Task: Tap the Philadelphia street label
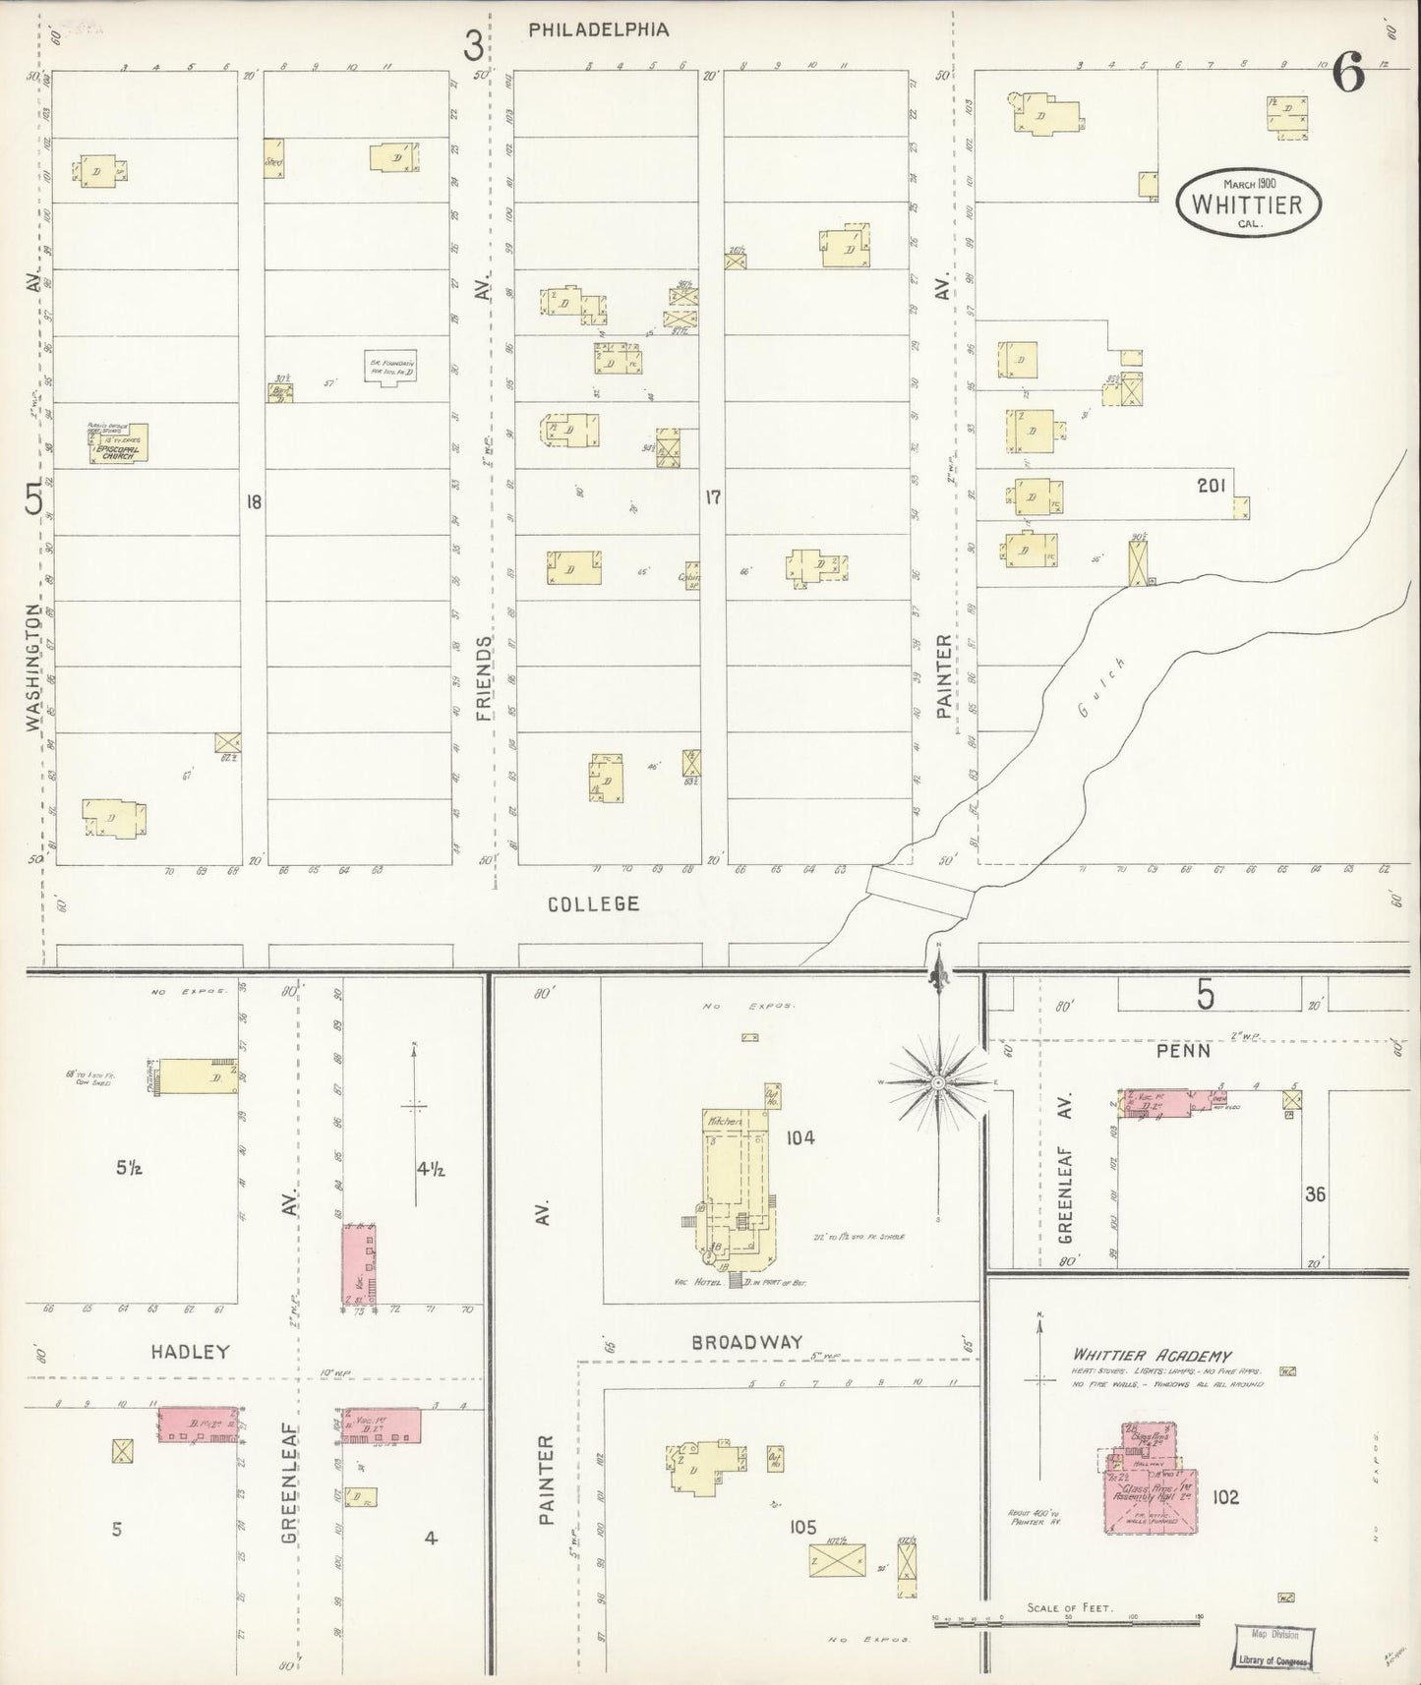(x=598, y=29)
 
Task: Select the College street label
(x=593, y=902)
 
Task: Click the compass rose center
(x=938, y=1082)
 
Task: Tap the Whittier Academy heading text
(x=1152, y=1355)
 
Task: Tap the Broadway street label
(x=746, y=1341)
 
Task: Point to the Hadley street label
(x=190, y=1352)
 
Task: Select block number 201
(x=1211, y=485)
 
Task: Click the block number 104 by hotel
(x=800, y=1137)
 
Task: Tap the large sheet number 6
(x=1348, y=73)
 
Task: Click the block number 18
(x=254, y=502)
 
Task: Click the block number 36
(x=1314, y=1194)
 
